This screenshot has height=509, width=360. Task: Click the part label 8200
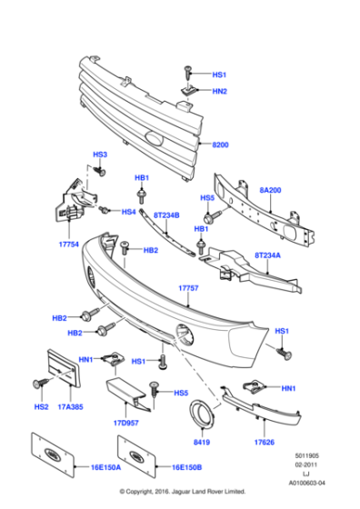[x=221, y=145]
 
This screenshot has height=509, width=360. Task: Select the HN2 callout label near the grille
[x=219, y=91]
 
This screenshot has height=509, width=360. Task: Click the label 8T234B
[x=166, y=215]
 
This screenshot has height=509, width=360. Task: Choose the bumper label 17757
[x=188, y=287]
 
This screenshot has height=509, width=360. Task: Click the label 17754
[x=72, y=243]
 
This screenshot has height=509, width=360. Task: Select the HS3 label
[x=100, y=155]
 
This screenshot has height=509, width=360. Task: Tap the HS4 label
[x=128, y=212]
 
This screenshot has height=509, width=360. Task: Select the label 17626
[x=265, y=443]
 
